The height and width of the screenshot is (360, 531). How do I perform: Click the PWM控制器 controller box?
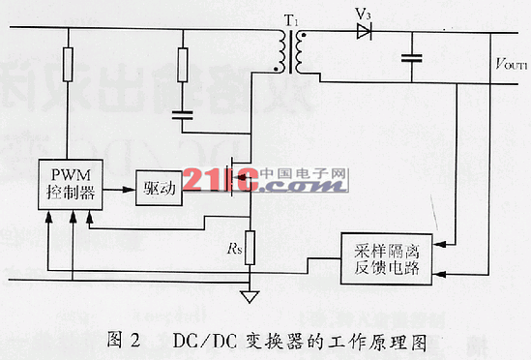tap(68, 182)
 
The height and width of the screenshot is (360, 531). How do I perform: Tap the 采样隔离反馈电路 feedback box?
tap(384, 258)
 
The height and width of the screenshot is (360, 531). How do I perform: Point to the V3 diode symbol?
tap(364, 32)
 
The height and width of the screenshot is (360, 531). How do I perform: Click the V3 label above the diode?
tap(363, 14)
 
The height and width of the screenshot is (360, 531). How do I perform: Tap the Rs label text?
tap(234, 248)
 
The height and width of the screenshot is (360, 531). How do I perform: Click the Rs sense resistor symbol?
tap(251, 247)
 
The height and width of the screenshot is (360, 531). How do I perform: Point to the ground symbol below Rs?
tap(251, 296)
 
